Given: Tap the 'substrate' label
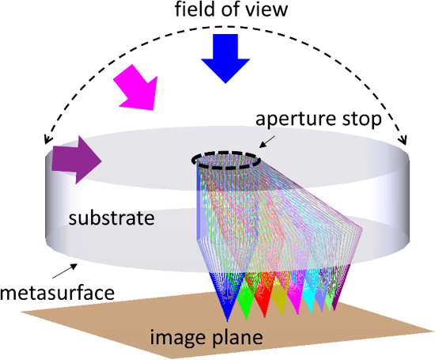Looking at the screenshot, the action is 112,218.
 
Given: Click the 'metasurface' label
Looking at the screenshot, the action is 57,293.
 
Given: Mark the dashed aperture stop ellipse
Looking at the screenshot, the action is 226,153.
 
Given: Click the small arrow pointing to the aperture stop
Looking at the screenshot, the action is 267,142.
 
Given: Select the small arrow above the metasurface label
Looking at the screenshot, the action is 65,271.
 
